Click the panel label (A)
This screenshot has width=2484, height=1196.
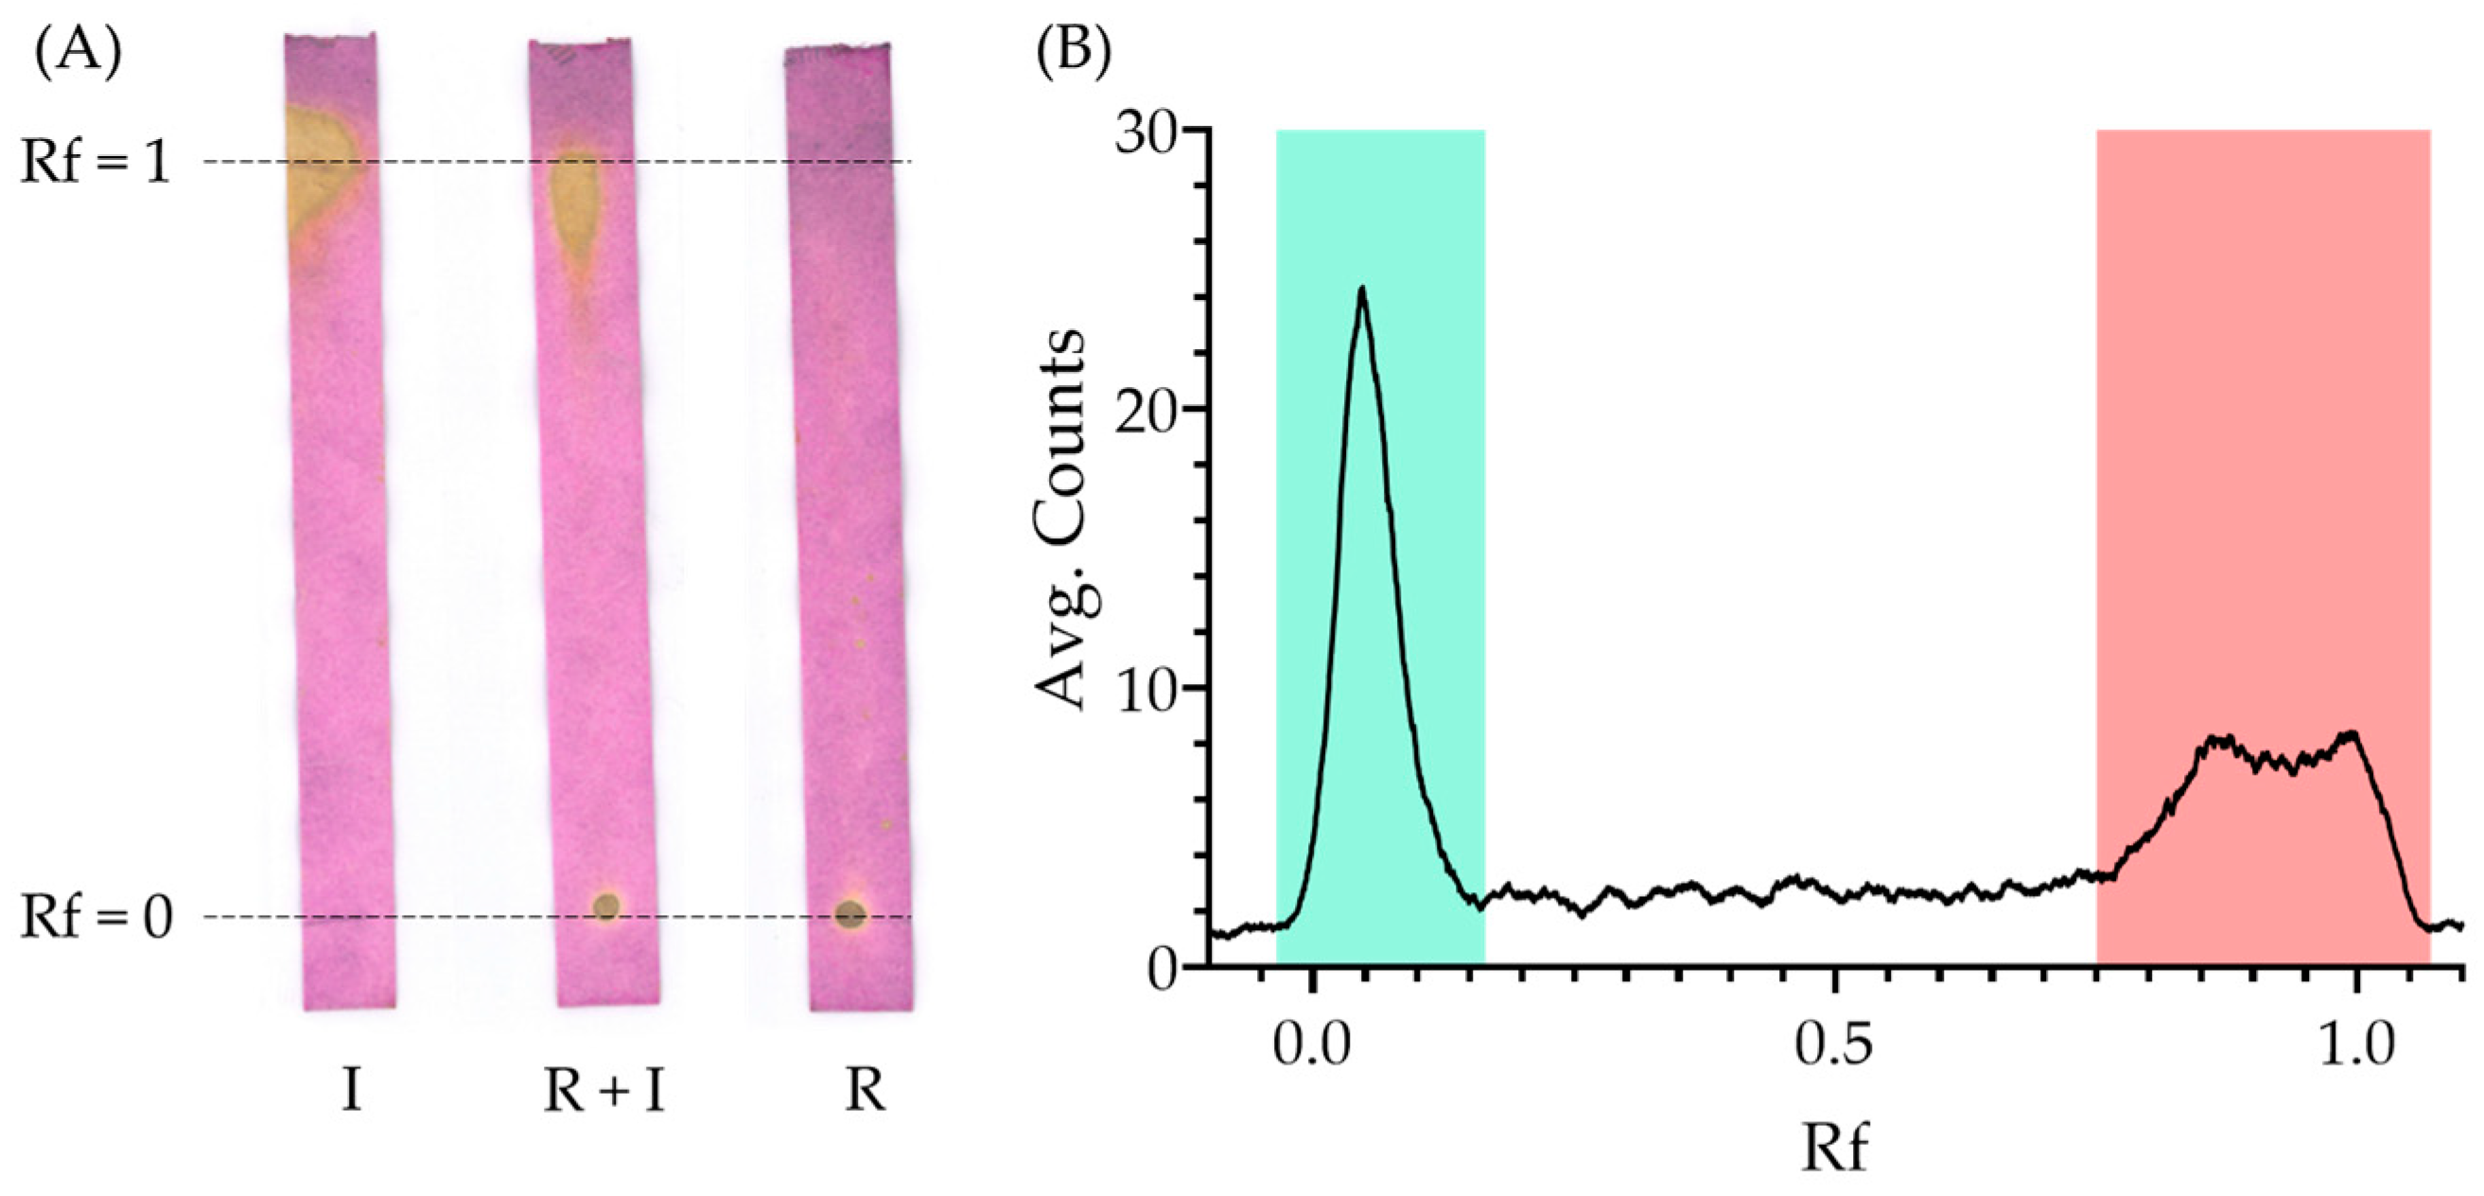pos(79,55)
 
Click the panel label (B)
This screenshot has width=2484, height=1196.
pos(1073,55)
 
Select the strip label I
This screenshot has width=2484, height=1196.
pos(351,1093)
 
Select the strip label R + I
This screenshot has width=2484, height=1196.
pos(605,1093)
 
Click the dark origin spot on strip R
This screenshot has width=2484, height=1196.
pos(849,913)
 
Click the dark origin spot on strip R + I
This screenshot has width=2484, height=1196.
pos(605,906)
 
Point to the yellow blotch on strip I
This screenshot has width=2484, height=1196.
pos(318,173)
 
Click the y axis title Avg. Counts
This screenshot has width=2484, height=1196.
pos(1060,520)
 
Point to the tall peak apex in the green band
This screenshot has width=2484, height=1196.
pos(1361,289)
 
